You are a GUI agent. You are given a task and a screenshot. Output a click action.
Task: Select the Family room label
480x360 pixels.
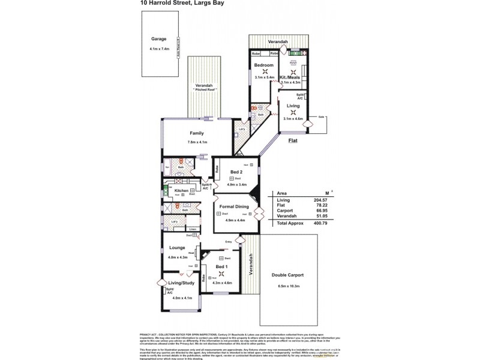tap(197, 133)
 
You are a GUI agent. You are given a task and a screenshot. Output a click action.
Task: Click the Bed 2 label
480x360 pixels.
tap(237, 173)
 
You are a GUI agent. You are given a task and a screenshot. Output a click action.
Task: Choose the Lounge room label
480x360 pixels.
tap(176, 247)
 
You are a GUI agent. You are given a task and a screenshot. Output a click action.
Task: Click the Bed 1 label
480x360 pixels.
tap(221, 266)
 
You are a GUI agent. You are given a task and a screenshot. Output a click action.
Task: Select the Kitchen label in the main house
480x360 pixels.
tap(182, 190)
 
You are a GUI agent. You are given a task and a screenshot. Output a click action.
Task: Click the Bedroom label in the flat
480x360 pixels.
tap(264, 65)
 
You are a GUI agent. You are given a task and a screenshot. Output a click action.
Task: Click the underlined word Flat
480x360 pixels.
tap(293, 140)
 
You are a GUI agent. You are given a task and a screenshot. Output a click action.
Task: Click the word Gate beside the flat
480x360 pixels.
tap(322, 116)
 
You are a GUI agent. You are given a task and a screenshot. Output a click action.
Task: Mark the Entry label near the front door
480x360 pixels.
tap(228, 242)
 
